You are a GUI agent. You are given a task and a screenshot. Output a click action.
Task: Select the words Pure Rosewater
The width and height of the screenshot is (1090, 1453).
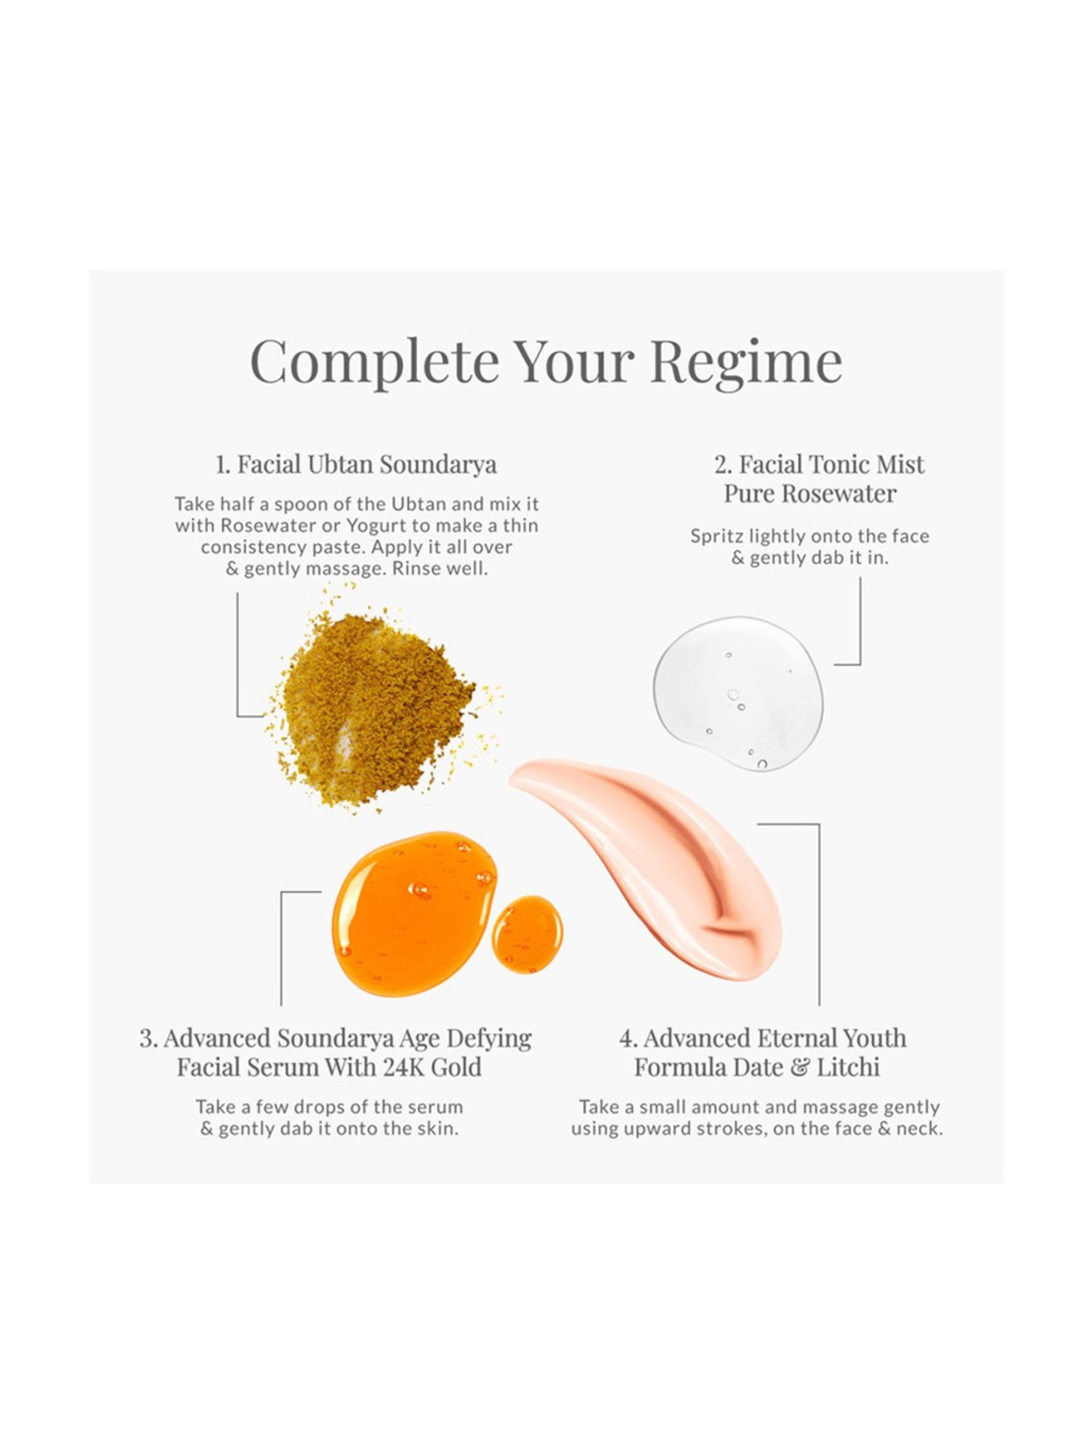[810, 494]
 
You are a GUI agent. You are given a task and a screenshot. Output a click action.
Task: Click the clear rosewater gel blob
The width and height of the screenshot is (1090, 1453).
[738, 693]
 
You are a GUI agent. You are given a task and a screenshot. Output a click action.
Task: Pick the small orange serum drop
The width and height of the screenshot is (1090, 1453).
[528, 934]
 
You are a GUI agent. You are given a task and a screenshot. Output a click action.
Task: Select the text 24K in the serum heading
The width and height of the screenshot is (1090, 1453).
[404, 1067]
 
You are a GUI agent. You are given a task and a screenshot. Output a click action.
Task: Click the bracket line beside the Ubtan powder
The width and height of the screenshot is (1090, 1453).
[238, 654]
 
